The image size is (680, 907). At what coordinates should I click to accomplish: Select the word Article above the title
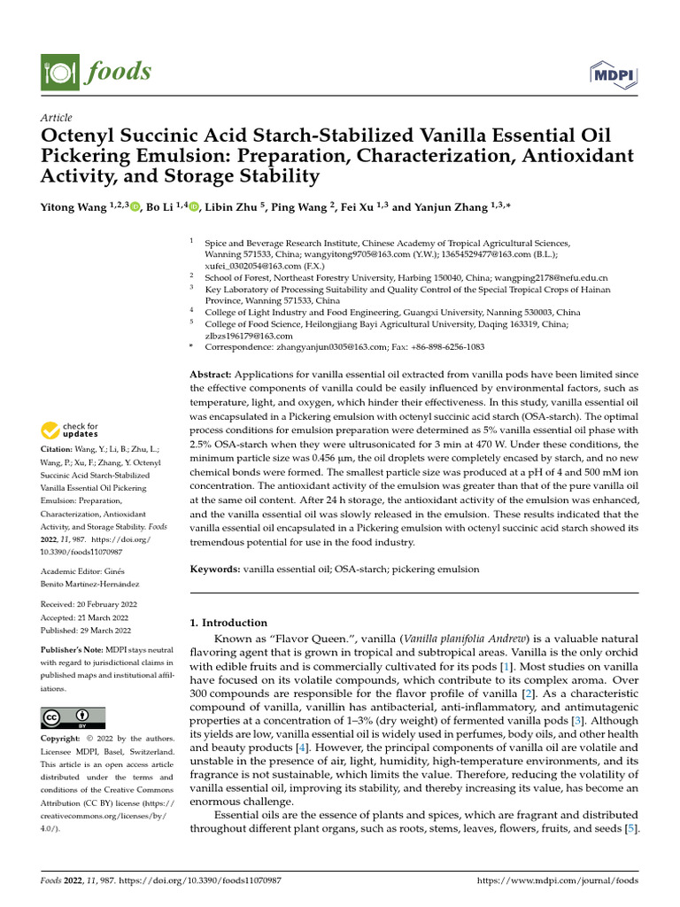click(57, 118)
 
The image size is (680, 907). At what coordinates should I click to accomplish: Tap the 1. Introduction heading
click(229, 623)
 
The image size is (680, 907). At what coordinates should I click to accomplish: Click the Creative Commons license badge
click(73, 717)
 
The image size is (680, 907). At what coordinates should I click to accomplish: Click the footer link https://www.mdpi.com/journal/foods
click(557, 880)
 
